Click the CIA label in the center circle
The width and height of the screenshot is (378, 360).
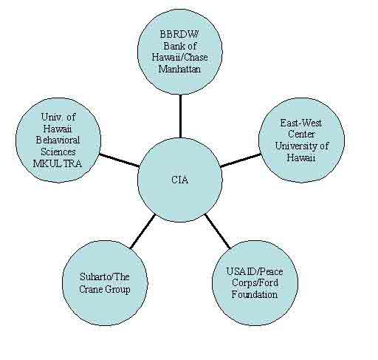click(x=180, y=180)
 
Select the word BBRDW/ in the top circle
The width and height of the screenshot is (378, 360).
click(x=179, y=34)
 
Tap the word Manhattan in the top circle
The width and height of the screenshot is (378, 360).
click(x=179, y=69)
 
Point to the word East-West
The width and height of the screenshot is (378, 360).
click(x=301, y=123)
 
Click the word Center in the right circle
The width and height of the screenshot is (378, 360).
click(x=301, y=135)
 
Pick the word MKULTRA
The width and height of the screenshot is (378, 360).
click(x=58, y=163)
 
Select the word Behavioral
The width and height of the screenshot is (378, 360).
click(x=58, y=140)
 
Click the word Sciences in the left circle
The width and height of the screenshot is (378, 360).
click(x=58, y=152)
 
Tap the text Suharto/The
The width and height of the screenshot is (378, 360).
click(x=105, y=276)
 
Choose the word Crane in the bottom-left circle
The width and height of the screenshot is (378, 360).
click(x=89, y=289)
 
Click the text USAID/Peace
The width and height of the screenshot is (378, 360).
click(x=255, y=271)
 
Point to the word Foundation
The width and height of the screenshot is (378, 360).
click(x=255, y=295)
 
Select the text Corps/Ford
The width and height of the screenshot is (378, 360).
click(x=255, y=283)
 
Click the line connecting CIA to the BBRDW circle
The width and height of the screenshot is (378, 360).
click(x=181, y=116)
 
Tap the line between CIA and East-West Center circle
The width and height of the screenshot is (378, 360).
click(x=241, y=160)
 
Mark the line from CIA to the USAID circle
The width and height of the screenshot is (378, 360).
click(x=218, y=231)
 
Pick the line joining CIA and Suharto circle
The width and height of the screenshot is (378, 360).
click(x=143, y=231)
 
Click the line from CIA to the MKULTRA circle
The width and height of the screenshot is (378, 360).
click(x=120, y=160)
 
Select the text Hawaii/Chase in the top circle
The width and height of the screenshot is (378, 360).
click(x=179, y=58)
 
